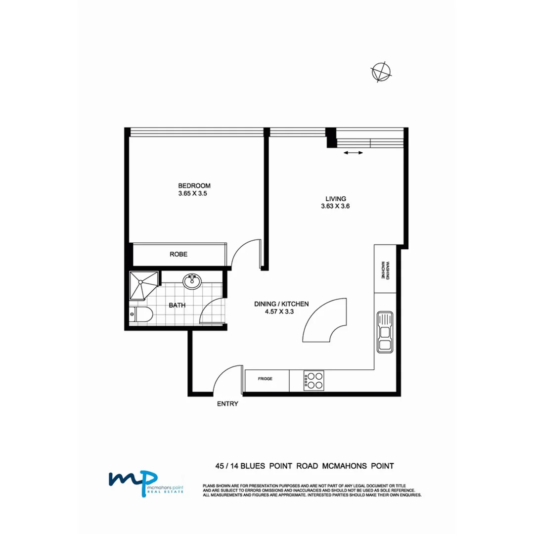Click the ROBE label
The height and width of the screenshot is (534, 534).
pyautogui.click(x=178, y=255)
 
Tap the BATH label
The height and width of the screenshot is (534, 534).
pyautogui.click(x=177, y=306)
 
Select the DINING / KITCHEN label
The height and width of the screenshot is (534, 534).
pyautogui.click(x=281, y=304)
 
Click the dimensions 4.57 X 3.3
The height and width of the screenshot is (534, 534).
pyautogui.click(x=280, y=312)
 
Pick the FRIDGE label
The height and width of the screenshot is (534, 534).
pyautogui.click(x=265, y=379)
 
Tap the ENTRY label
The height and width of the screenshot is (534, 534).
pyautogui.click(x=227, y=404)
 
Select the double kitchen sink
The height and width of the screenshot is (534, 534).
pyautogui.click(x=384, y=331)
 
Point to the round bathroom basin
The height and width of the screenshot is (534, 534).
pyautogui.click(x=192, y=281)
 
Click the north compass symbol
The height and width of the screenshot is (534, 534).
pyautogui.click(x=381, y=72)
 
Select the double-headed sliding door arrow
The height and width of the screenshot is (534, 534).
pyautogui.click(x=353, y=153)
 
